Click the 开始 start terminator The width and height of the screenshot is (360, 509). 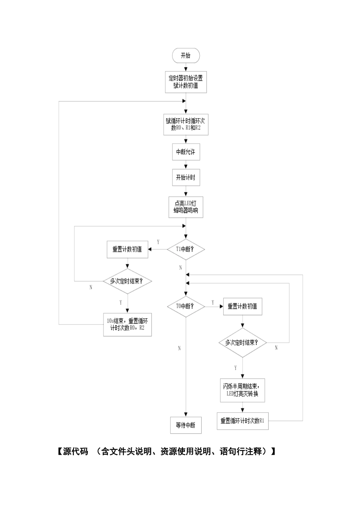coord(186,55)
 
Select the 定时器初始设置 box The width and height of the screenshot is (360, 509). coord(186,82)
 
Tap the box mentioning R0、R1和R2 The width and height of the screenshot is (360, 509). coord(186,125)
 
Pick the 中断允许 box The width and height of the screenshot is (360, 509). coord(186,152)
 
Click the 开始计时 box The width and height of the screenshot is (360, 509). coord(186,178)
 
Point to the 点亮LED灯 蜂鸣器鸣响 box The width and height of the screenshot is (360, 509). coord(186,207)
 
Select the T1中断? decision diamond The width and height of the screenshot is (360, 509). coord(186,249)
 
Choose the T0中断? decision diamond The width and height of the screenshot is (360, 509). coord(186,306)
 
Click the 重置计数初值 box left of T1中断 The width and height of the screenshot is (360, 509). coord(127,250)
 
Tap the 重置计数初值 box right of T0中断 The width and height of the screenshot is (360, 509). coord(243,306)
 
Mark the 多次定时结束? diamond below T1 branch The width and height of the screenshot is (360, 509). coord(127,281)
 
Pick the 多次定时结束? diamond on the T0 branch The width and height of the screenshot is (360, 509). coord(243,343)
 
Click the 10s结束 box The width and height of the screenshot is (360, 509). coord(127,325)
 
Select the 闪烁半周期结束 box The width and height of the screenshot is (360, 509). coord(243,390)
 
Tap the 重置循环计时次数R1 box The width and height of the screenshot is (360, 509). coord(243,421)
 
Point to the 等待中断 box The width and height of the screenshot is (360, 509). coord(186,425)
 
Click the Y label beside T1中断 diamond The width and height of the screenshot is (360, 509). coord(158,242)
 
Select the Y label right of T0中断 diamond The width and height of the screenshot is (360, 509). coord(213,303)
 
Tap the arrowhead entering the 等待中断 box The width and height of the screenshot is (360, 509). coord(186,414)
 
